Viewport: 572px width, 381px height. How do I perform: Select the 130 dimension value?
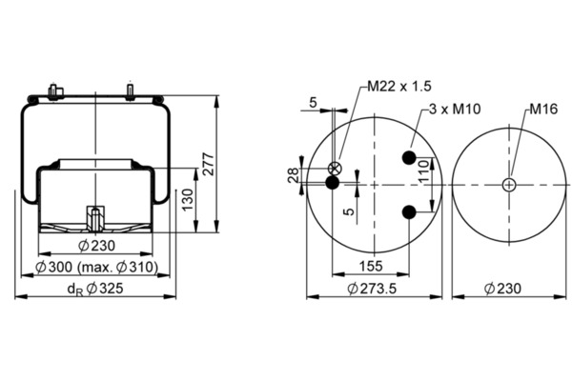(x=189, y=199)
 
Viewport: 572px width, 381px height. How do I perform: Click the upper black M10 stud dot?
(x=409, y=157)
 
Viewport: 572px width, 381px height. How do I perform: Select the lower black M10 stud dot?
(x=409, y=211)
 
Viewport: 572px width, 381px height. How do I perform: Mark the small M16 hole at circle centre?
(x=510, y=184)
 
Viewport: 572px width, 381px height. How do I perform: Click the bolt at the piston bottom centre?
(x=95, y=217)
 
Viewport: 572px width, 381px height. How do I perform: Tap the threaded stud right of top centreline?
(x=128, y=90)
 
